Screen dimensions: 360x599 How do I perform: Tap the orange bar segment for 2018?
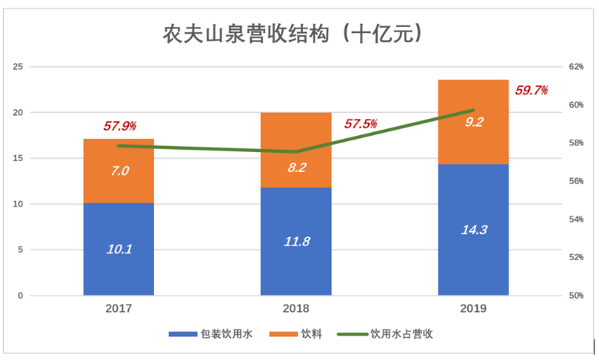pos(296,150)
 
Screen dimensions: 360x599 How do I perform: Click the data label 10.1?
pos(119,249)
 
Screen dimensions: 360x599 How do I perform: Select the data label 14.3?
pos(473,229)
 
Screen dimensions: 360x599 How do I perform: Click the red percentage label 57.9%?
pos(120,125)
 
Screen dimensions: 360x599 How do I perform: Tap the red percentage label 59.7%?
pos(532,91)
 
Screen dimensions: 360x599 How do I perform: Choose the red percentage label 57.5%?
pos(360,124)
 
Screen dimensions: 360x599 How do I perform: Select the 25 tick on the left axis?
pos(17,67)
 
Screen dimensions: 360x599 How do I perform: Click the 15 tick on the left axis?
pos(17,158)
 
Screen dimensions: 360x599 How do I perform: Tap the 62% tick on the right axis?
pos(577,67)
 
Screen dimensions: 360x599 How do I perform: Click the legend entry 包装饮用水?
pos(216,334)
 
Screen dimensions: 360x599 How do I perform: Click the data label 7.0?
pos(120,171)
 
